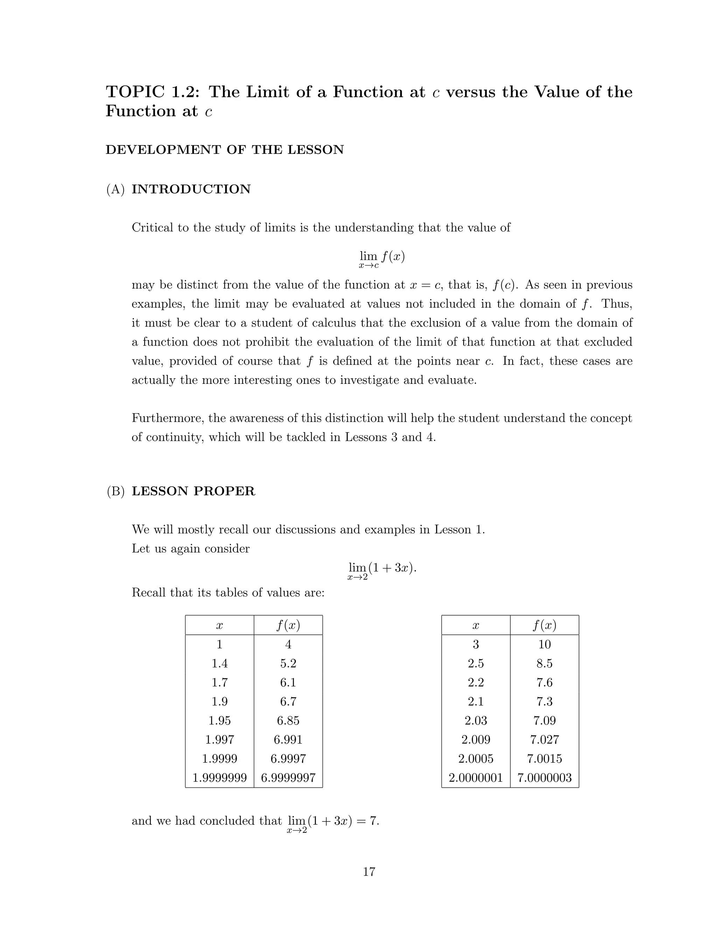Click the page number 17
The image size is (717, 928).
[369, 872]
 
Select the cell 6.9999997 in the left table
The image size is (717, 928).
[288, 777]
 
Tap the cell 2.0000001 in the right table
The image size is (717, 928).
[475, 777]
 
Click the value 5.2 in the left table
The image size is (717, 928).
[288, 663]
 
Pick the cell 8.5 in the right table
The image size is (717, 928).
[544, 663]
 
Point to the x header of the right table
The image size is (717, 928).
[475, 625]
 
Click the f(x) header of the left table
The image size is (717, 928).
[288, 625]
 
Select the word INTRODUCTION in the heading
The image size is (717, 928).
[191, 189]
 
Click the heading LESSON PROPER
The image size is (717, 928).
[193, 491]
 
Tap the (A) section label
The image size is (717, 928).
[115, 189]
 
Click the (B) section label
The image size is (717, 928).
[115, 491]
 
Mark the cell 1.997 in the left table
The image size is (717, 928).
[219, 739]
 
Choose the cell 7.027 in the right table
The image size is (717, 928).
[544, 739]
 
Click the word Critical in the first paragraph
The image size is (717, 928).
[153, 228]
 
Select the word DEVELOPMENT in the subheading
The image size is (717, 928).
[162, 150]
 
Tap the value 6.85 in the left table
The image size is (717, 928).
[288, 720]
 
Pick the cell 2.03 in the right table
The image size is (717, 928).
[475, 720]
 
